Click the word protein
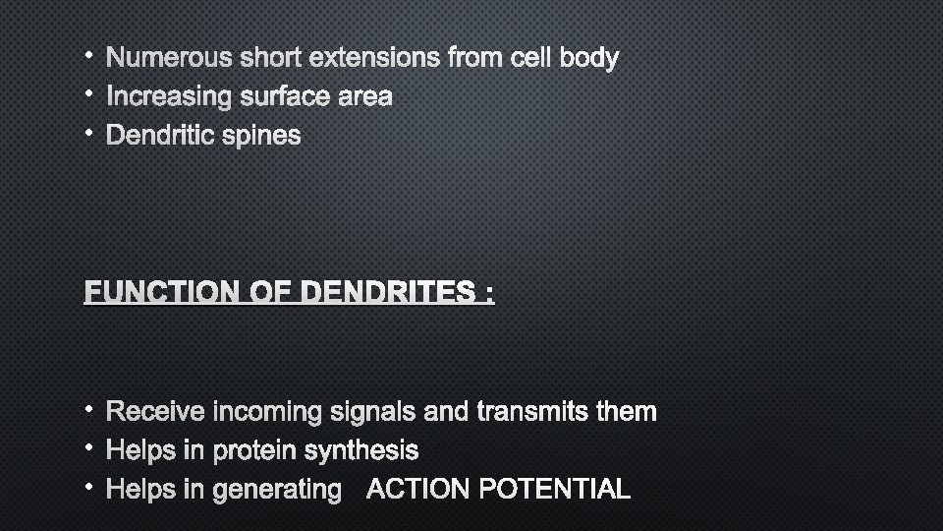254,451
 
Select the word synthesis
361,450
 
